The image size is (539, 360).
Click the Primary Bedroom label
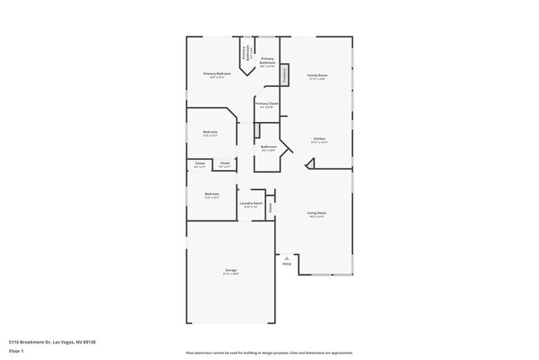(217, 75)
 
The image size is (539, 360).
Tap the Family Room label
(318, 76)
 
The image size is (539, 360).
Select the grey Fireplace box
(284, 75)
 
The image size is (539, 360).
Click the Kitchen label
(319, 139)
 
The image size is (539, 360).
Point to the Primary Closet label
(267, 105)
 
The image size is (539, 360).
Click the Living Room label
(317, 214)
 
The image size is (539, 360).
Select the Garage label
(231, 271)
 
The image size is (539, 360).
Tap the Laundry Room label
(251, 204)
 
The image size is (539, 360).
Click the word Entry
(287, 264)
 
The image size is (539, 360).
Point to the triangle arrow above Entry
(287, 258)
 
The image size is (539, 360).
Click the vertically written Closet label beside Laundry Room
(270, 207)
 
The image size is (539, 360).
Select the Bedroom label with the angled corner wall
(211, 133)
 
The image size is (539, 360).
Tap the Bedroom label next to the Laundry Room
(211, 196)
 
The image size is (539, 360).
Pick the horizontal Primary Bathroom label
(267, 61)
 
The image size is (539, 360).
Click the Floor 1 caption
(16, 351)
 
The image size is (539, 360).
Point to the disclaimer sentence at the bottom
(269, 353)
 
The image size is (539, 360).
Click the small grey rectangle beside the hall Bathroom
(257, 130)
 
